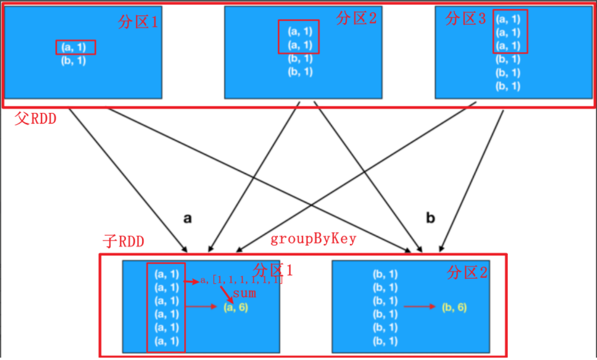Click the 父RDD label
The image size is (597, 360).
click(36, 118)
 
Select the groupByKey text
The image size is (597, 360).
click(313, 239)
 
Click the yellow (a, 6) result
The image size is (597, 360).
click(236, 307)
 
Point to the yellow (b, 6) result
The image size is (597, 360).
click(454, 307)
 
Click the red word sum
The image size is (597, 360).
click(244, 293)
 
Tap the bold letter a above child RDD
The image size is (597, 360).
click(188, 218)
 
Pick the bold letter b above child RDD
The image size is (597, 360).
click(431, 218)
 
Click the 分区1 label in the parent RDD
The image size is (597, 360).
click(138, 22)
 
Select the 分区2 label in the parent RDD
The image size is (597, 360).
click(356, 18)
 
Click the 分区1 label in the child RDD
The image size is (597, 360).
click(273, 270)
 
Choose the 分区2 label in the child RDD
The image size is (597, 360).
click(468, 273)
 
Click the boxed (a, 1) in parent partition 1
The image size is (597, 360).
click(76, 47)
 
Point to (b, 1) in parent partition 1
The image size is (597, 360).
click(74, 60)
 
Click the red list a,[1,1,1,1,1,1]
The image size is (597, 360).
click(241, 280)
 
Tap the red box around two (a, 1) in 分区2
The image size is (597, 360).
click(299, 37)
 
